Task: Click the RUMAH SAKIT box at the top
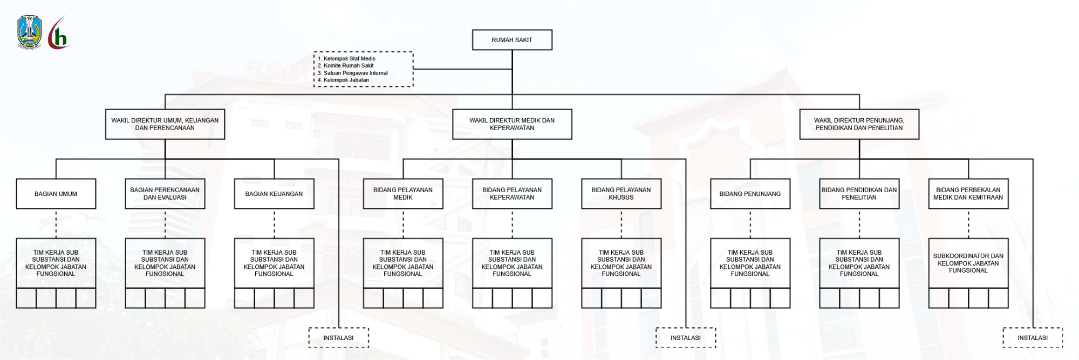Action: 512,40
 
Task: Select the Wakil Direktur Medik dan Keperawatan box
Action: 512,124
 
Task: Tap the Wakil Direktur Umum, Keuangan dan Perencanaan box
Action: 165,124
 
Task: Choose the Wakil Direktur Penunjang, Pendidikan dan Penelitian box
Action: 859,124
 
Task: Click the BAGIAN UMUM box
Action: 56,194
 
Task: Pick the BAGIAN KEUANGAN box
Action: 274,194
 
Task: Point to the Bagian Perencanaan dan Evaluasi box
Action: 165,194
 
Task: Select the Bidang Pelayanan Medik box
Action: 403,194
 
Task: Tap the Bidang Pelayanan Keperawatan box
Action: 512,194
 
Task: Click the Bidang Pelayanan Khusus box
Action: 621,194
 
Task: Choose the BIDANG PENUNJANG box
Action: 750,194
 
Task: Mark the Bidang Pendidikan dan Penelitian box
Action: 859,194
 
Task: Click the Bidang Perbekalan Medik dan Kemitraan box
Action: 968,194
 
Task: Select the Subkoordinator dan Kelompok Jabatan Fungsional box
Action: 968,263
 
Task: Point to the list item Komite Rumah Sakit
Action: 349,66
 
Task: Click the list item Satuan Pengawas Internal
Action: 356,73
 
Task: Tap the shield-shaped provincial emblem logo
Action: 30,32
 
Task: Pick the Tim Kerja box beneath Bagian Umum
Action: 56,263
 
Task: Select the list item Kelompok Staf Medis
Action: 349,59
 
